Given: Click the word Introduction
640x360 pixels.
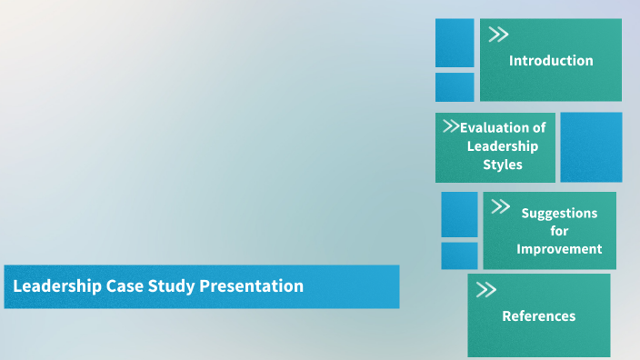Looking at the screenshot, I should (x=551, y=61).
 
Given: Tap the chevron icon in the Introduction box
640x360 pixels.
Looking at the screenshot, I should (x=498, y=35).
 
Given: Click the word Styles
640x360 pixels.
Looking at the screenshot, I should (x=503, y=165).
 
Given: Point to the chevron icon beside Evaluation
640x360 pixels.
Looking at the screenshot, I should (x=450, y=126).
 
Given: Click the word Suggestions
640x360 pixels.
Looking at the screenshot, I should (x=559, y=213).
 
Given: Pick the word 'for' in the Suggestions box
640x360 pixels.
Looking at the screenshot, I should (x=559, y=231).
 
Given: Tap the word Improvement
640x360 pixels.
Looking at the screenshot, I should (x=559, y=248).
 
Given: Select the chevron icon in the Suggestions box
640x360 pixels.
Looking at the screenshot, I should (x=500, y=207).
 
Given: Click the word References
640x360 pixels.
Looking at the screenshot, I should (x=539, y=315).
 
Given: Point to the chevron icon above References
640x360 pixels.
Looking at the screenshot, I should (x=486, y=290).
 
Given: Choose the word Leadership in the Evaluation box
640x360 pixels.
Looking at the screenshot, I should (x=503, y=145).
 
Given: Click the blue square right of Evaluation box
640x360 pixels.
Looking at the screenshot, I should (x=591, y=146).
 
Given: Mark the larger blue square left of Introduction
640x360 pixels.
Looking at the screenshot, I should (x=455, y=43).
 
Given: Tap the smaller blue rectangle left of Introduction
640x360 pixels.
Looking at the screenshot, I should (x=455, y=87).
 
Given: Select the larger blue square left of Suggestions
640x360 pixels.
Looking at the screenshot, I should (x=459, y=215).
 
